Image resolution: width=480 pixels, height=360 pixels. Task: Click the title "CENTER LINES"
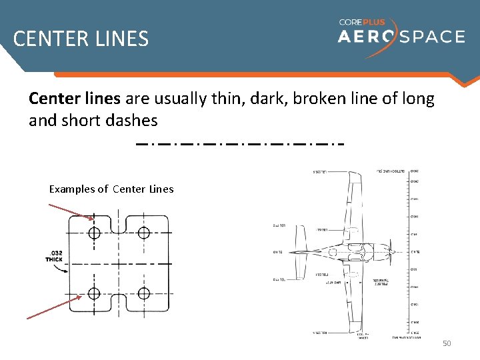tap(81, 39)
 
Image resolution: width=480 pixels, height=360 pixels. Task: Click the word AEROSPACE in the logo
tap(401, 36)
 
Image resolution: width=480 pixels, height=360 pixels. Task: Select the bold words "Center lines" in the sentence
tap(74, 99)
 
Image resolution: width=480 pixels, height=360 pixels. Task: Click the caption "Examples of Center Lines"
tap(111, 189)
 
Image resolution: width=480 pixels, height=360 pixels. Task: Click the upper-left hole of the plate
tap(94, 233)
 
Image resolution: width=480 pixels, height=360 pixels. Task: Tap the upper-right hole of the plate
tap(144, 233)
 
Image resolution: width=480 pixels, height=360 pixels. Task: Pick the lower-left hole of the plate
tap(94, 293)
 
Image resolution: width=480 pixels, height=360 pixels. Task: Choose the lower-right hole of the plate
tap(144, 293)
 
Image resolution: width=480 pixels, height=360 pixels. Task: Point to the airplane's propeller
tap(393, 252)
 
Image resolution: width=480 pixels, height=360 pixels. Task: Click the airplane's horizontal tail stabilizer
tap(299, 252)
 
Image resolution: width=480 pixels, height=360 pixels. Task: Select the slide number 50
tap(447, 343)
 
